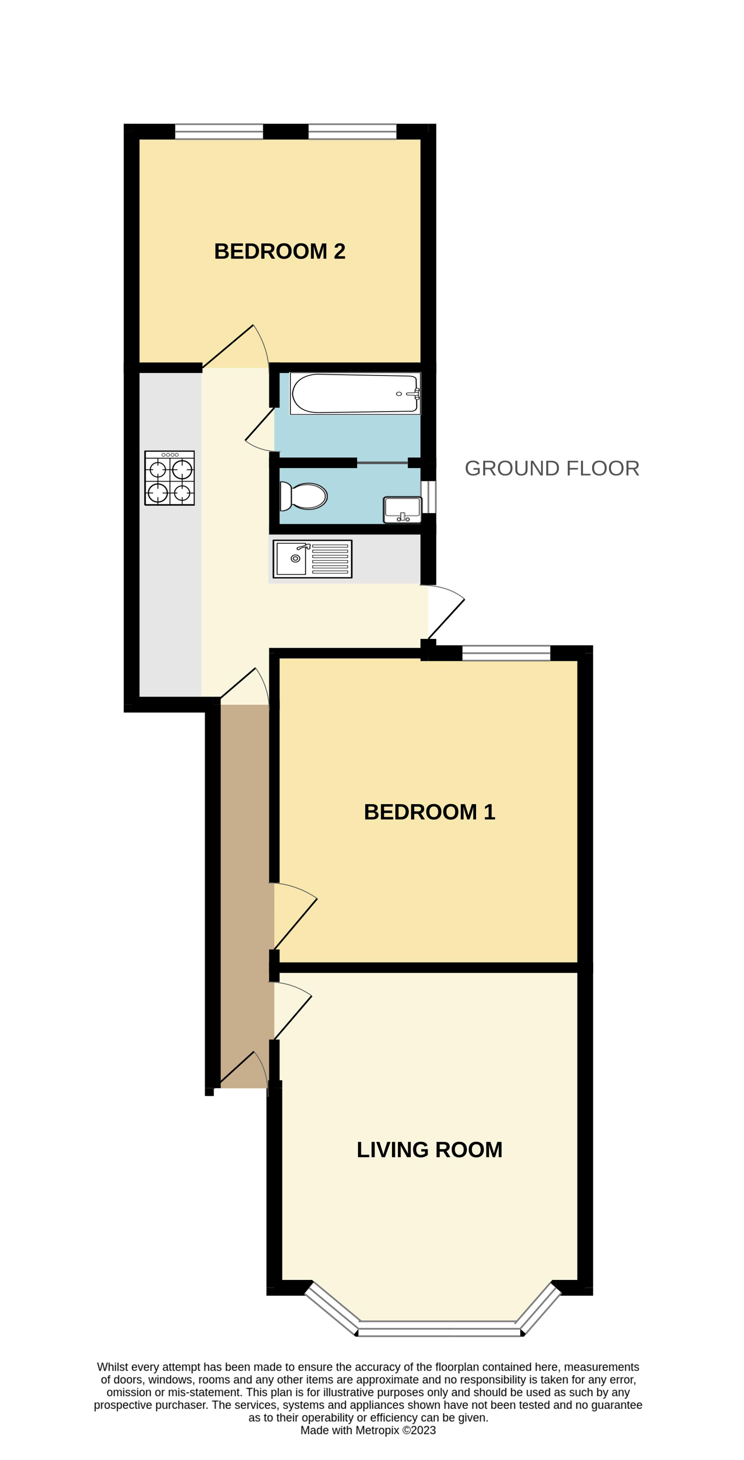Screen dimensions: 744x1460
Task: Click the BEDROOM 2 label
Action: (279, 251)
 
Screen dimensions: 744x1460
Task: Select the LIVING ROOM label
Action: (429, 1150)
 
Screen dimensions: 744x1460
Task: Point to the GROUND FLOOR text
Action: (552, 468)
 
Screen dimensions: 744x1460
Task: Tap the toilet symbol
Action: (303, 496)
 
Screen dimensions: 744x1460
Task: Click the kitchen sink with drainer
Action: (312, 559)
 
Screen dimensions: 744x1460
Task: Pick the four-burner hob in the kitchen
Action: (169, 478)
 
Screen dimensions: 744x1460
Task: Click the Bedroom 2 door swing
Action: (235, 346)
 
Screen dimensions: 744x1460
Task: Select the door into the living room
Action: (293, 1011)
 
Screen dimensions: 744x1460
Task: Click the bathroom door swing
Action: (260, 430)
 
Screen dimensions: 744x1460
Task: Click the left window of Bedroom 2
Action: (219, 131)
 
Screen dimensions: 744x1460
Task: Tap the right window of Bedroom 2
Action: (352, 131)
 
